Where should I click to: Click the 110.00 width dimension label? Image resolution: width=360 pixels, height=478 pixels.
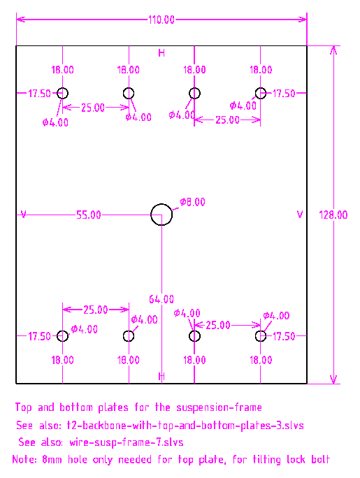tap(161, 20)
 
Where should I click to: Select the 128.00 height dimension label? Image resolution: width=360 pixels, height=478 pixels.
tap(333, 215)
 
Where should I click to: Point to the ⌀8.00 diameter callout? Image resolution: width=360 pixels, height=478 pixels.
tap(192, 202)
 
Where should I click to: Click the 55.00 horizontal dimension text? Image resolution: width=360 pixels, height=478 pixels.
tap(88, 215)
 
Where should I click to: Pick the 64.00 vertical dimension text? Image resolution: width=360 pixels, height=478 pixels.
tap(161, 299)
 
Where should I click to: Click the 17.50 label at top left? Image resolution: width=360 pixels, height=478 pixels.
tap(39, 94)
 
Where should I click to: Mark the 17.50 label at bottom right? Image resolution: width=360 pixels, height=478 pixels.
tap(284, 337)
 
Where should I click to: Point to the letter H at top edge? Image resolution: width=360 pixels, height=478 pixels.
tap(161, 53)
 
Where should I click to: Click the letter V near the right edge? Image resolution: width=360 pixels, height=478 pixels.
tap(300, 215)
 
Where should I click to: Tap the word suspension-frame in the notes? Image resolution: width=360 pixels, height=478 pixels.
tap(219, 407)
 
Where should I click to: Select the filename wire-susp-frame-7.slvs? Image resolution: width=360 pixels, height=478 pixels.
tap(127, 442)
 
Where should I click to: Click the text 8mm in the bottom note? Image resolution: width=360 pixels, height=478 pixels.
tap(52, 459)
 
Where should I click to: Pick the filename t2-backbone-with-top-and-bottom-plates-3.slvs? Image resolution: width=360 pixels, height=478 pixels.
tap(185, 426)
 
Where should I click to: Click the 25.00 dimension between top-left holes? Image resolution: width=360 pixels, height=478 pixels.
tap(93, 108)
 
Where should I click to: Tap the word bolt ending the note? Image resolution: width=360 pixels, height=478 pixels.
tap(320, 459)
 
